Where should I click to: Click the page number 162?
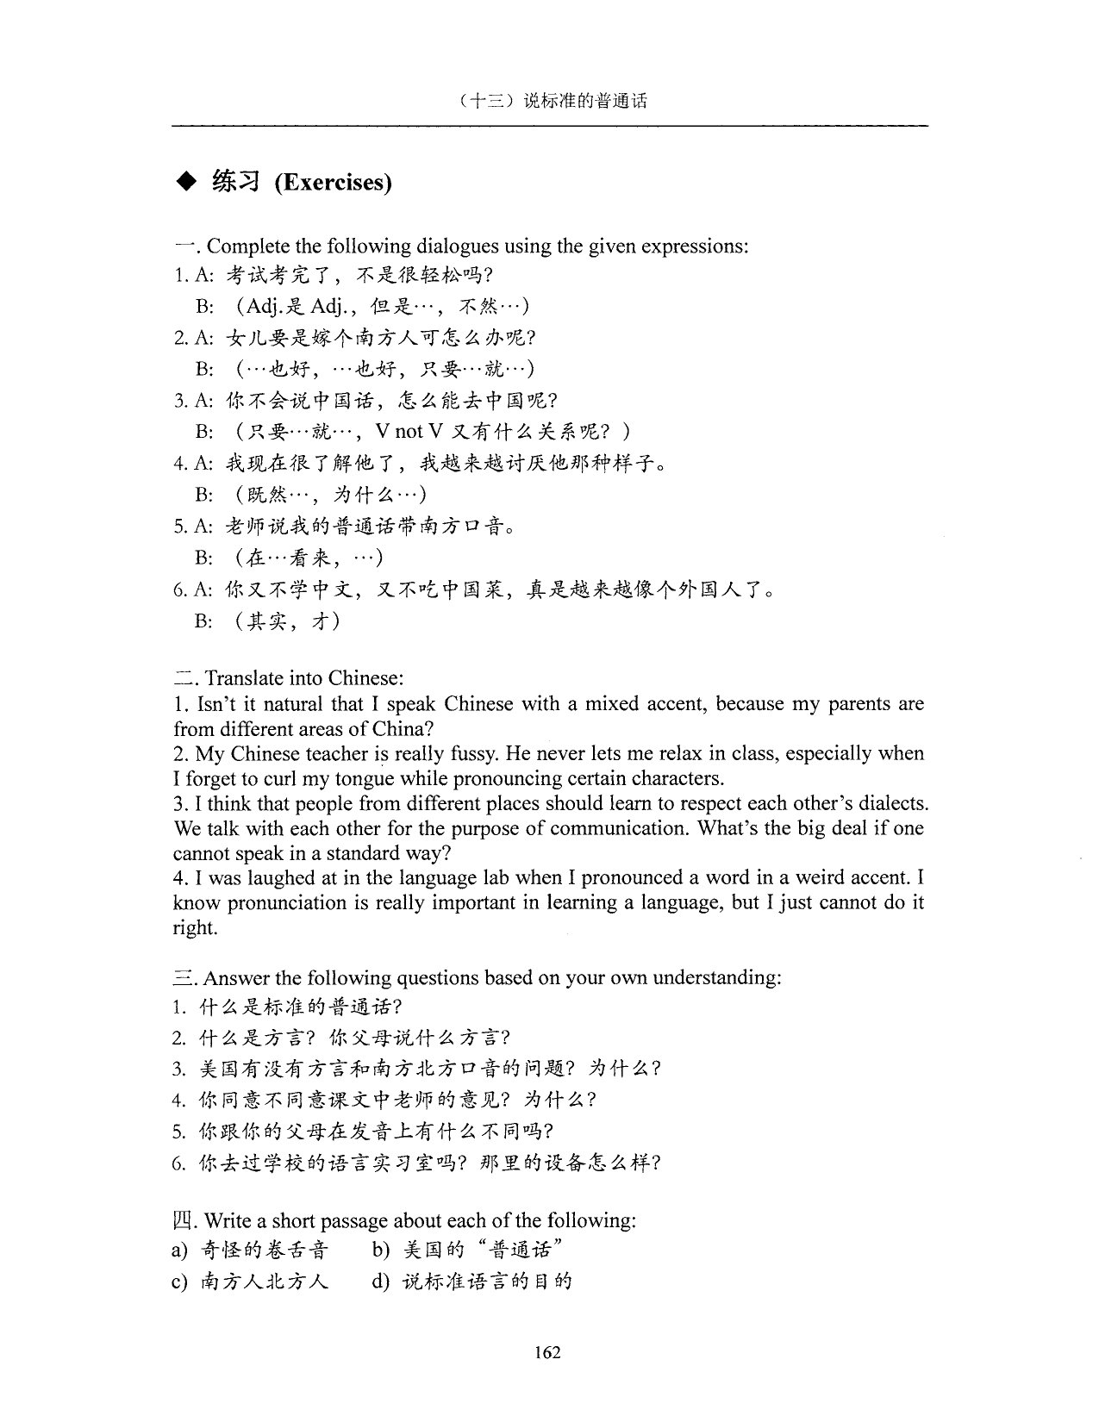[547, 1352]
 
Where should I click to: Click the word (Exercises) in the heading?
[333, 183]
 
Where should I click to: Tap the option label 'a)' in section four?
[180, 1250]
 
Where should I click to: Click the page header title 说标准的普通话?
[585, 101]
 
